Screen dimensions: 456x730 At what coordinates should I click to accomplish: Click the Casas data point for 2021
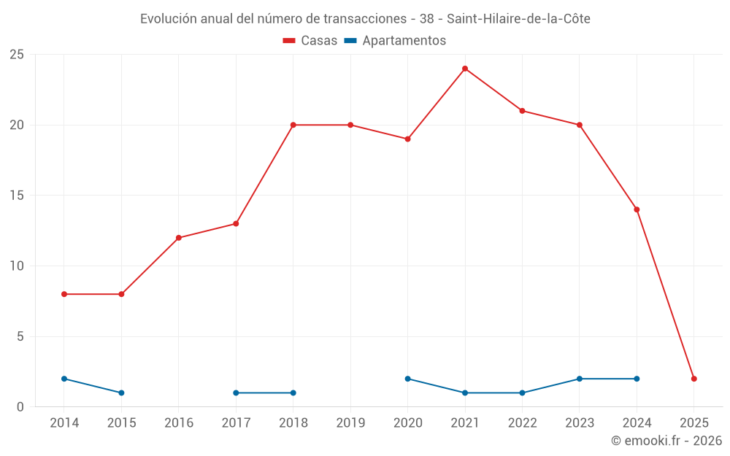click(465, 69)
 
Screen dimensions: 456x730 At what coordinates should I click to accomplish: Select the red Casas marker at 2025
click(694, 379)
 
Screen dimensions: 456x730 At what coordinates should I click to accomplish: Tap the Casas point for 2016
click(179, 238)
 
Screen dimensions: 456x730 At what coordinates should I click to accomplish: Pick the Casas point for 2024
click(637, 209)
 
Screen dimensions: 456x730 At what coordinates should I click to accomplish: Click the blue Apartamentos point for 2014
click(64, 379)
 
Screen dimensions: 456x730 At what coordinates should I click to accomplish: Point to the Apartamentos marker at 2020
click(407, 379)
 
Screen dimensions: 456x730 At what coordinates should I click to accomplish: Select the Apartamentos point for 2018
click(293, 393)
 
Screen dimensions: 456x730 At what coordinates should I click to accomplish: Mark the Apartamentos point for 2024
click(637, 379)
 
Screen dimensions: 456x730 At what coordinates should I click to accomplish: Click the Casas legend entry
click(310, 41)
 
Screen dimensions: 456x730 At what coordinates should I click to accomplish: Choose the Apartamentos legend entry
click(395, 41)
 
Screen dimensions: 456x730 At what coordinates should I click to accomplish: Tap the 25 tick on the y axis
click(17, 55)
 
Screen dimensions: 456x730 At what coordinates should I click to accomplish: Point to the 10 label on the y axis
click(17, 266)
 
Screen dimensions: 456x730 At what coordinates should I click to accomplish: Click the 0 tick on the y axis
click(20, 407)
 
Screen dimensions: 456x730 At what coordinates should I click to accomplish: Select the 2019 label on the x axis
click(350, 423)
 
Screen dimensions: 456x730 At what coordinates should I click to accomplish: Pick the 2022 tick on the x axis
click(522, 423)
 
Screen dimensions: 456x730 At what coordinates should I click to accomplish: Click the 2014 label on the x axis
click(64, 423)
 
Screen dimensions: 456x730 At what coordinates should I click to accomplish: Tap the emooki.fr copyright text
click(666, 441)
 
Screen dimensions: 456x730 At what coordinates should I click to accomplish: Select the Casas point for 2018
click(293, 125)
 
